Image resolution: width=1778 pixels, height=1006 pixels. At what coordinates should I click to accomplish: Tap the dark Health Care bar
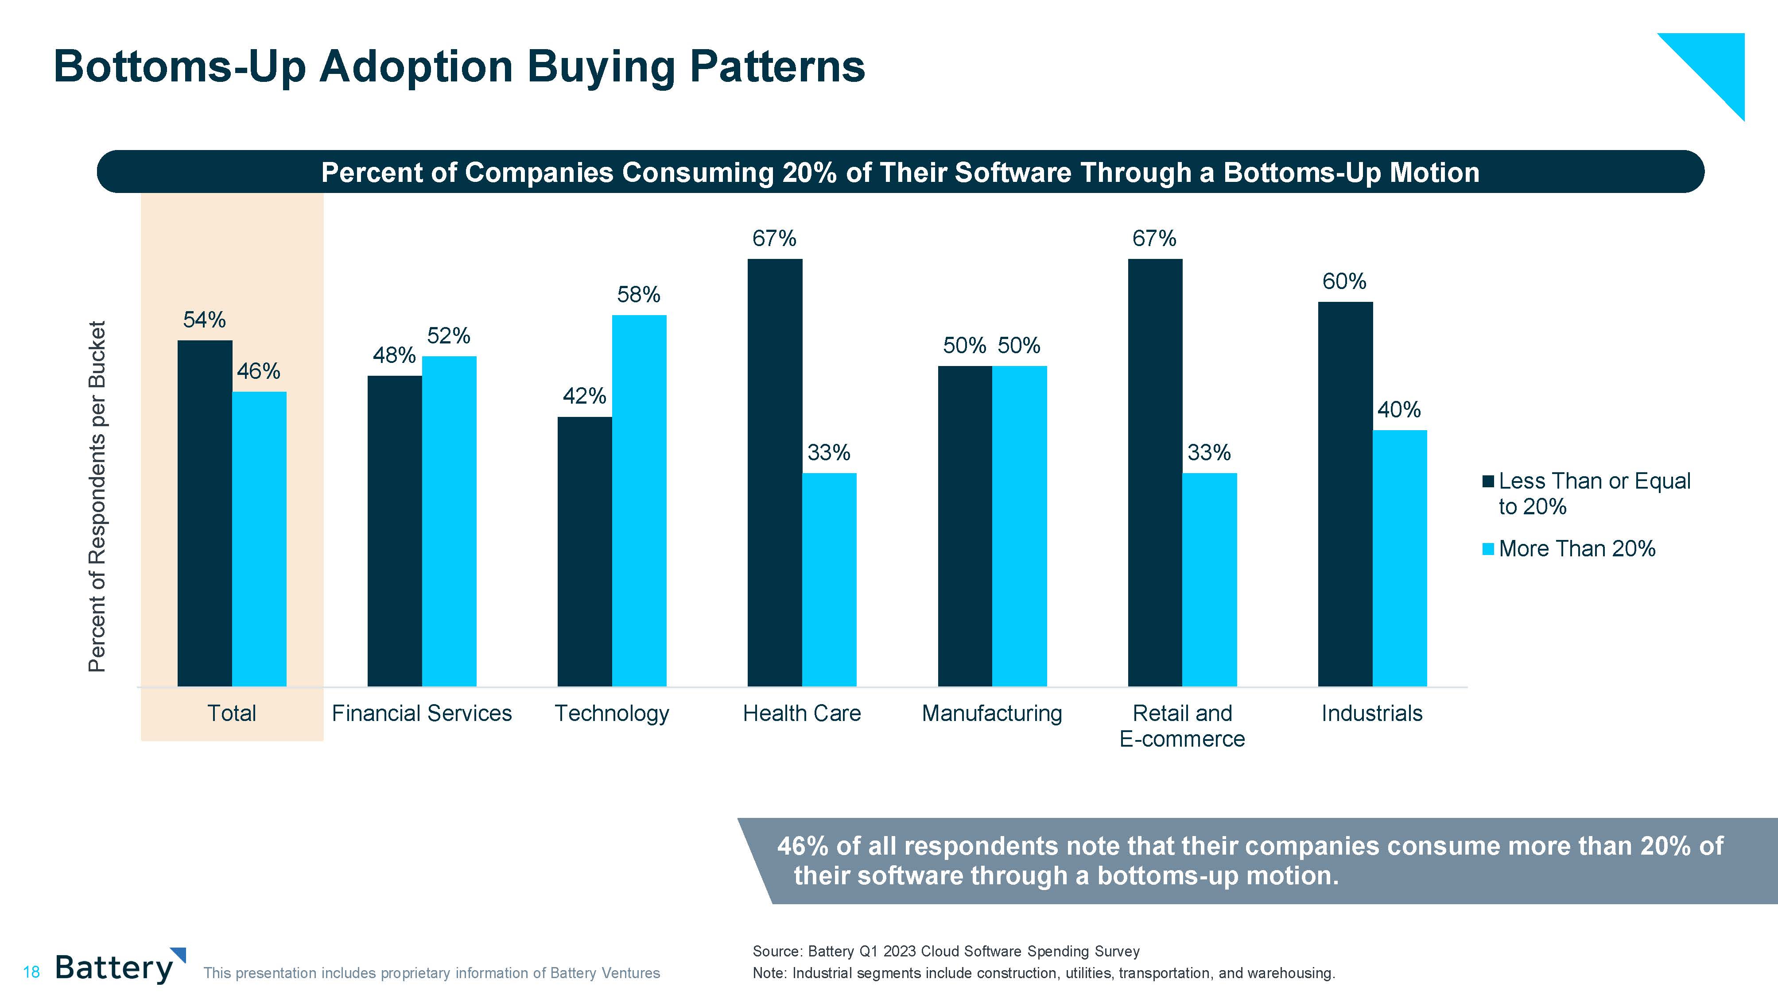pyautogui.click(x=774, y=473)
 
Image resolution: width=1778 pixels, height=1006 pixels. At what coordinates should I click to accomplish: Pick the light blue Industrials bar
pyautogui.click(x=1399, y=558)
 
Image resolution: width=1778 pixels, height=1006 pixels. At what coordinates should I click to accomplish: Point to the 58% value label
pyautogui.click(x=638, y=295)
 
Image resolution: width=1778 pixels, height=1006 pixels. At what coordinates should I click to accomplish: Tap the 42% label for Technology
pyautogui.click(x=584, y=396)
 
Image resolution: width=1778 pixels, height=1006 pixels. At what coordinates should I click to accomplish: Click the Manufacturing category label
pyautogui.click(x=991, y=713)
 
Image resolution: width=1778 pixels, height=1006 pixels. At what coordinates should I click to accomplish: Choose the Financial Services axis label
pyautogui.click(x=422, y=713)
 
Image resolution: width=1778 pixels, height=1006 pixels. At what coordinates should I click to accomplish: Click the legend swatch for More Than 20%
pyautogui.click(x=1488, y=549)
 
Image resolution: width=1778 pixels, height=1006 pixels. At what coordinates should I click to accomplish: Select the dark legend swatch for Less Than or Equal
pyautogui.click(x=1488, y=481)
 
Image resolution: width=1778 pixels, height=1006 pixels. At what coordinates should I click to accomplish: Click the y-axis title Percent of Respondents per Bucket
pyautogui.click(x=97, y=496)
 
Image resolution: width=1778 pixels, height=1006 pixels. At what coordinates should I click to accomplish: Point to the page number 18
pyautogui.click(x=31, y=973)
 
